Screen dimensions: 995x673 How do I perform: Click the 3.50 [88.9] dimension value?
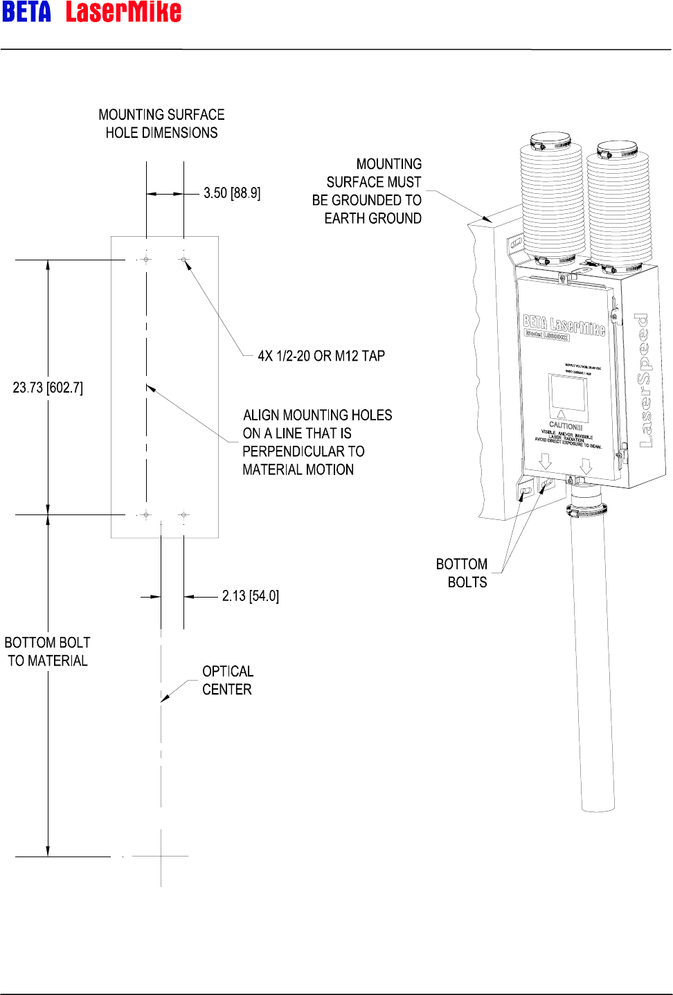click(232, 193)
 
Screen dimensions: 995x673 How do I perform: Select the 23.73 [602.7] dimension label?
click(48, 388)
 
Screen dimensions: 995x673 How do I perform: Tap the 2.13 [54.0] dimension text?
click(251, 596)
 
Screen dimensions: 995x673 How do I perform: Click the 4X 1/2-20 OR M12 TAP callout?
click(321, 356)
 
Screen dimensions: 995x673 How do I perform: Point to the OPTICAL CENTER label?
click(227, 680)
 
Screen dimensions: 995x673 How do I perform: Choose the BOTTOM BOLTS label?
click(462, 573)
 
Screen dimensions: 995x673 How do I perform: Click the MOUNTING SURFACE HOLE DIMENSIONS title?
click(161, 123)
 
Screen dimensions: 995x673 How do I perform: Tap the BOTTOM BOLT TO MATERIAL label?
click(47, 652)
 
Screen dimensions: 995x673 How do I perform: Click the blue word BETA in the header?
click(27, 12)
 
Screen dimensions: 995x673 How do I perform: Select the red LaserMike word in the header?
click(123, 12)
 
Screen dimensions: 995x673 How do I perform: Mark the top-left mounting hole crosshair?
click(146, 260)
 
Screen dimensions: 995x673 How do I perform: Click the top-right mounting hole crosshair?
click(183, 260)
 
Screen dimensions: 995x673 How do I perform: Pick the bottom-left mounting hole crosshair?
click(146, 514)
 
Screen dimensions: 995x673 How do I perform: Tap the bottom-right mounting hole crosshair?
click(183, 514)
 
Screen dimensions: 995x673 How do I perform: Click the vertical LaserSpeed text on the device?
click(645, 381)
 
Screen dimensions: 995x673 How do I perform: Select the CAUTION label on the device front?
click(566, 425)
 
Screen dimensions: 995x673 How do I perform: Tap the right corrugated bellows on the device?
click(618, 208)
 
